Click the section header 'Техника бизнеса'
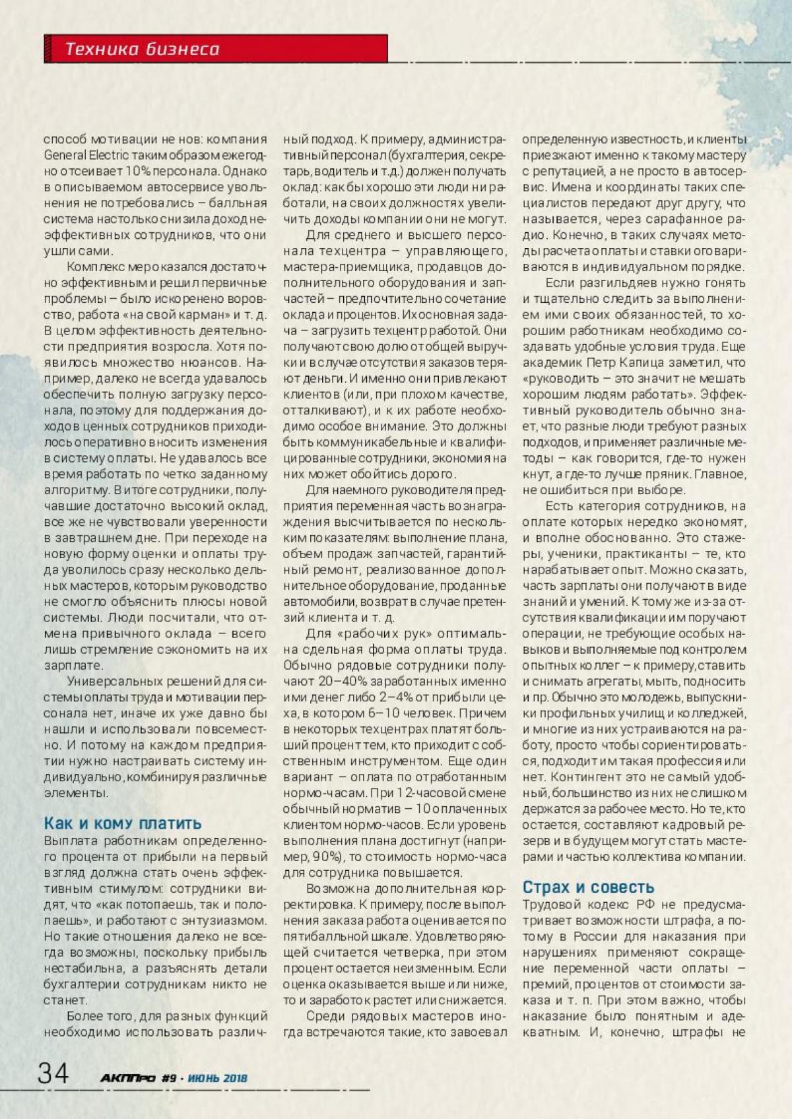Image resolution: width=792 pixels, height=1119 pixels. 142,49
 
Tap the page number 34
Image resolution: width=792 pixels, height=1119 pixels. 53,1073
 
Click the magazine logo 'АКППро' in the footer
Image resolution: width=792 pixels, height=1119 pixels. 128,1078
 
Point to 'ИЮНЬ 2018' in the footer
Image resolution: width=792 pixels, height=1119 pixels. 217,1078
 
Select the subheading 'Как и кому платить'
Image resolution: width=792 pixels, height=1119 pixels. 123,823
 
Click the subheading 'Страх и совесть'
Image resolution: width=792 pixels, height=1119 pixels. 588,887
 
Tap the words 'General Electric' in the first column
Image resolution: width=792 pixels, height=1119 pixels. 75,155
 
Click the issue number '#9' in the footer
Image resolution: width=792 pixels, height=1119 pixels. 169,1078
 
